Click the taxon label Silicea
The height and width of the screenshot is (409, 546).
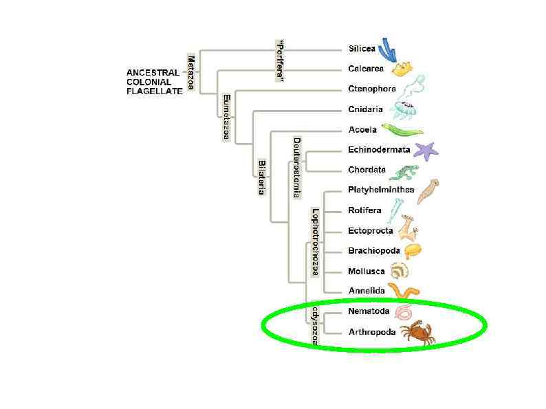(362, 49)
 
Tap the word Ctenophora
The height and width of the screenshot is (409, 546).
(372, 89)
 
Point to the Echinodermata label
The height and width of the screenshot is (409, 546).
(379, 150)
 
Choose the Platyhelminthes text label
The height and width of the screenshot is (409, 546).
(381, 190)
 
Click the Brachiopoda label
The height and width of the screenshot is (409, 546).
(374, 251)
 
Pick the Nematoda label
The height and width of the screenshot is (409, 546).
(369, 311)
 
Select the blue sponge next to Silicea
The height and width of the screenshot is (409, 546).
(389, 48)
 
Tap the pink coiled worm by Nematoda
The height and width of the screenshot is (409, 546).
(403, 312)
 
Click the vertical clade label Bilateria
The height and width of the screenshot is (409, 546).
(262, 177)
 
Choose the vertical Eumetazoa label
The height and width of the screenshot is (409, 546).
(226, 118)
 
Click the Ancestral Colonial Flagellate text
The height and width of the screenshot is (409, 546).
(155, 82)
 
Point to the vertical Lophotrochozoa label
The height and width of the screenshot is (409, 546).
(315, 242)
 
